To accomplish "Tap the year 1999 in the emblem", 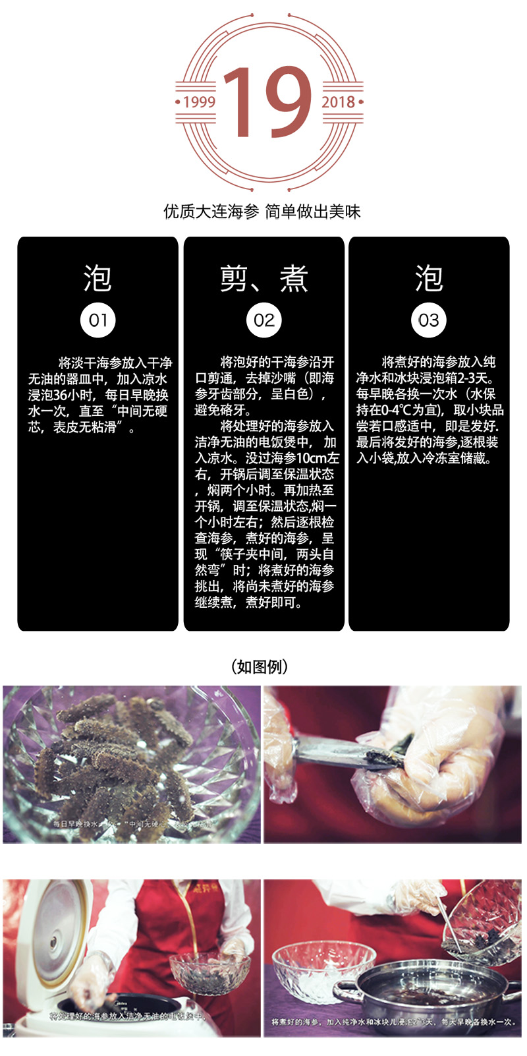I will [x=200, y=102].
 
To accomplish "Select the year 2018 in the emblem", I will [x=338, y=102].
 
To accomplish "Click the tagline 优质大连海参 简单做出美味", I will [x=262, y=212].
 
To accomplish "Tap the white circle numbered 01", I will [x=97, y=320].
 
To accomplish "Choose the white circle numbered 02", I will [x=263, y=320].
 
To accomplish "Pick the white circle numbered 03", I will [x=429, y=320].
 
